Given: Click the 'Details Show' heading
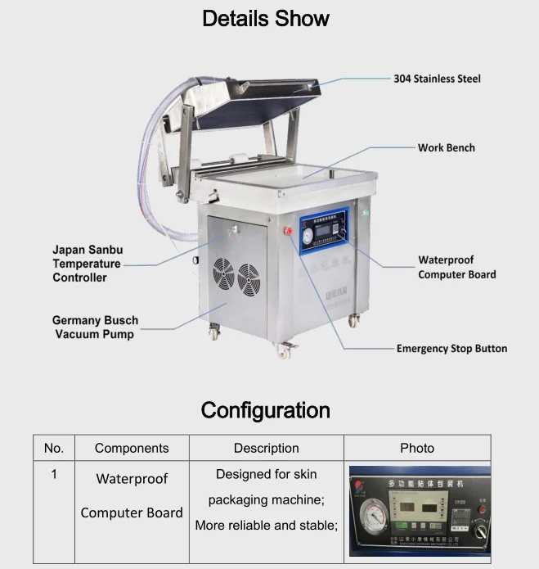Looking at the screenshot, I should pos(266,18).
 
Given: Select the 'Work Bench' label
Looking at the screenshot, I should pos(446,147).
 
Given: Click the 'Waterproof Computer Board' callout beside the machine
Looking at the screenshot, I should pos(456,267).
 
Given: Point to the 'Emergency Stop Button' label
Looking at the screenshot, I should pos(451,348).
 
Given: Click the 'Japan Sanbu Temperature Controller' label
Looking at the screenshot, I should pos(87,264).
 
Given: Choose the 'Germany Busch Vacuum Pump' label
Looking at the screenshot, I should pos(95,327).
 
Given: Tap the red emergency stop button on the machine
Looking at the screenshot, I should pos(288,231).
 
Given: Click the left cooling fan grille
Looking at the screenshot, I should pos(224,273).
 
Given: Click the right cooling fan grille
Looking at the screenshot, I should pos(248,279).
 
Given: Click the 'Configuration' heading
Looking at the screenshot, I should pos(266,409).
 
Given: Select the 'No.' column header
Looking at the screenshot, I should pos(53,448).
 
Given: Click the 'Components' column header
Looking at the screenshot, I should pos(132,448).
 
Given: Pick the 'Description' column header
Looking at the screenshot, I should pos(266,448).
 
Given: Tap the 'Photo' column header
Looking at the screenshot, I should pos(417,448).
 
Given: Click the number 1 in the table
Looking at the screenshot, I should pos(54,474).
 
